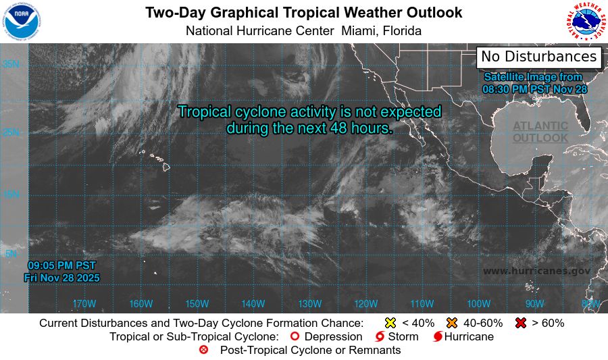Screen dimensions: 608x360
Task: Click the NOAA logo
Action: [22, 22]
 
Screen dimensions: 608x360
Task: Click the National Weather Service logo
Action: [586, 22]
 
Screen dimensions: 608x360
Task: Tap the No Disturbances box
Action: [538, 57]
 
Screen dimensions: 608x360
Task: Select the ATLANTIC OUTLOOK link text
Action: [540, 132]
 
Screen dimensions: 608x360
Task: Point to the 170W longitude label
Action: [84, 304]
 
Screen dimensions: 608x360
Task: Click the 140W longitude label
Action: [253, 304]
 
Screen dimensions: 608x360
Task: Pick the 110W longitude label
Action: [422, 304]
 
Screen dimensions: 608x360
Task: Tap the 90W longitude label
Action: [534, 304]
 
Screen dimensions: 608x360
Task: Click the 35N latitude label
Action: [10, 64]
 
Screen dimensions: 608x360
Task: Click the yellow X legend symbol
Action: [390, 323]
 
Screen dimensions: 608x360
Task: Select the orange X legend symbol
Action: [452, 323]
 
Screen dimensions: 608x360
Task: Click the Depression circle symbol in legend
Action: [295, 336]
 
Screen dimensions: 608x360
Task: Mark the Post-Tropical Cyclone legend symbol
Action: [204, 350]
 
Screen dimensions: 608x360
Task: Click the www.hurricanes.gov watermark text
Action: [536, 271]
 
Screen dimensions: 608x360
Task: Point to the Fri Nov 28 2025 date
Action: [61, 278]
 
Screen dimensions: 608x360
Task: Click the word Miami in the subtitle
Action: [359, 31]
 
